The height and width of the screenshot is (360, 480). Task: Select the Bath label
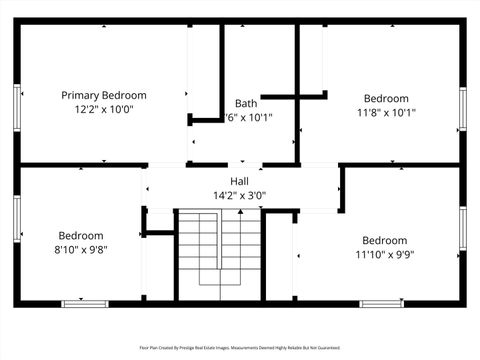pyautogui.click(x=246, y=103)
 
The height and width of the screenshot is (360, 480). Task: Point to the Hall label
pyautogui.click(x=239, y=181)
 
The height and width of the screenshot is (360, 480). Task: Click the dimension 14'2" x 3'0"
pyautogui.click(x=239, y=195)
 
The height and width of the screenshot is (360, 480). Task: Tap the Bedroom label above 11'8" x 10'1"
pyautogui.click(x=386, y=98)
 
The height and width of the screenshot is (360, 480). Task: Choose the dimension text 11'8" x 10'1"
pyautogui.click(x=386, y=113)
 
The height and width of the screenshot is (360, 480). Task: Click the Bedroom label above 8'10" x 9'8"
pyautogui.click(x=80, y=236)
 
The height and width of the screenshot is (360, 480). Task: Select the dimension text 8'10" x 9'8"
pyautogui.click(x=80, y=250)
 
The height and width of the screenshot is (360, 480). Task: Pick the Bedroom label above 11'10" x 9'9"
pyautogui.click(x=384, y=240)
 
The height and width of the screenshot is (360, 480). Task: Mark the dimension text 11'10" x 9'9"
pyautogui.click(x=384, y=254)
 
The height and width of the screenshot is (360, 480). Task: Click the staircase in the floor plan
pyautogui.click(x=219, y=255)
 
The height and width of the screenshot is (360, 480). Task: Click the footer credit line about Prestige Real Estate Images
pyautogui.click(x=239, y=348)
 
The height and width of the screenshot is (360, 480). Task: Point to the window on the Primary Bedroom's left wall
pyautogui.click(x=17, y=105)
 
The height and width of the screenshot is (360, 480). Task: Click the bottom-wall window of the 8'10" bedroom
pyautogui.click(x=85, y=303)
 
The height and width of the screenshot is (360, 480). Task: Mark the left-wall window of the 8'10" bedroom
pyautogui.click(x=17, y=224)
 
